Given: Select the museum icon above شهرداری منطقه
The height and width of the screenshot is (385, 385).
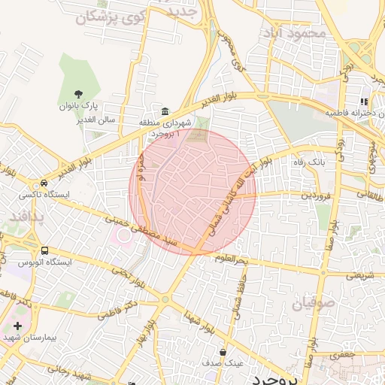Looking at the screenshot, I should tap(165, 110).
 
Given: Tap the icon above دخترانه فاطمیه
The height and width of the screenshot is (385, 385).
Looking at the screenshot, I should tap(364, 102).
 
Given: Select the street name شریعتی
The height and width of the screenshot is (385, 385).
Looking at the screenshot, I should tap(358, 275).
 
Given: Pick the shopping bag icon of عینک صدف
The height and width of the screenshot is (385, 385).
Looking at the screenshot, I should tap(223, 351).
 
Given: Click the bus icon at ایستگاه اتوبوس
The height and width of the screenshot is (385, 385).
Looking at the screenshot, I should tap(44, 250).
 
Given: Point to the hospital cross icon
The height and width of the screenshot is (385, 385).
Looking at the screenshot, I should tap(17, 326).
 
